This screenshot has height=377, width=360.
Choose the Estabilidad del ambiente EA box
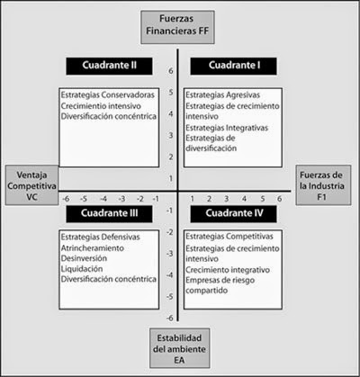pyautogui.click(x=180, y=347)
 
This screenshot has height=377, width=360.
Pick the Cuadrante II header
pyautogui.click(x=103, y=67)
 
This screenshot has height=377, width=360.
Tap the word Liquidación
pyautogui.click(x=82, y=268)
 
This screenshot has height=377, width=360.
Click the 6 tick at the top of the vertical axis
pyautogui.click(x=170, y=70)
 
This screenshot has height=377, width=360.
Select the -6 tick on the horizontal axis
pyautogui.click(x=64, y=199)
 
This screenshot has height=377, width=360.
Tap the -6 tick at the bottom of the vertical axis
pyautogui.click(x=168, y=318)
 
